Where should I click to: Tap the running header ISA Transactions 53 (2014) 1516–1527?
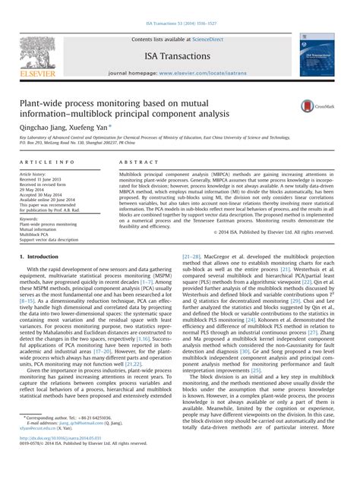179,5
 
